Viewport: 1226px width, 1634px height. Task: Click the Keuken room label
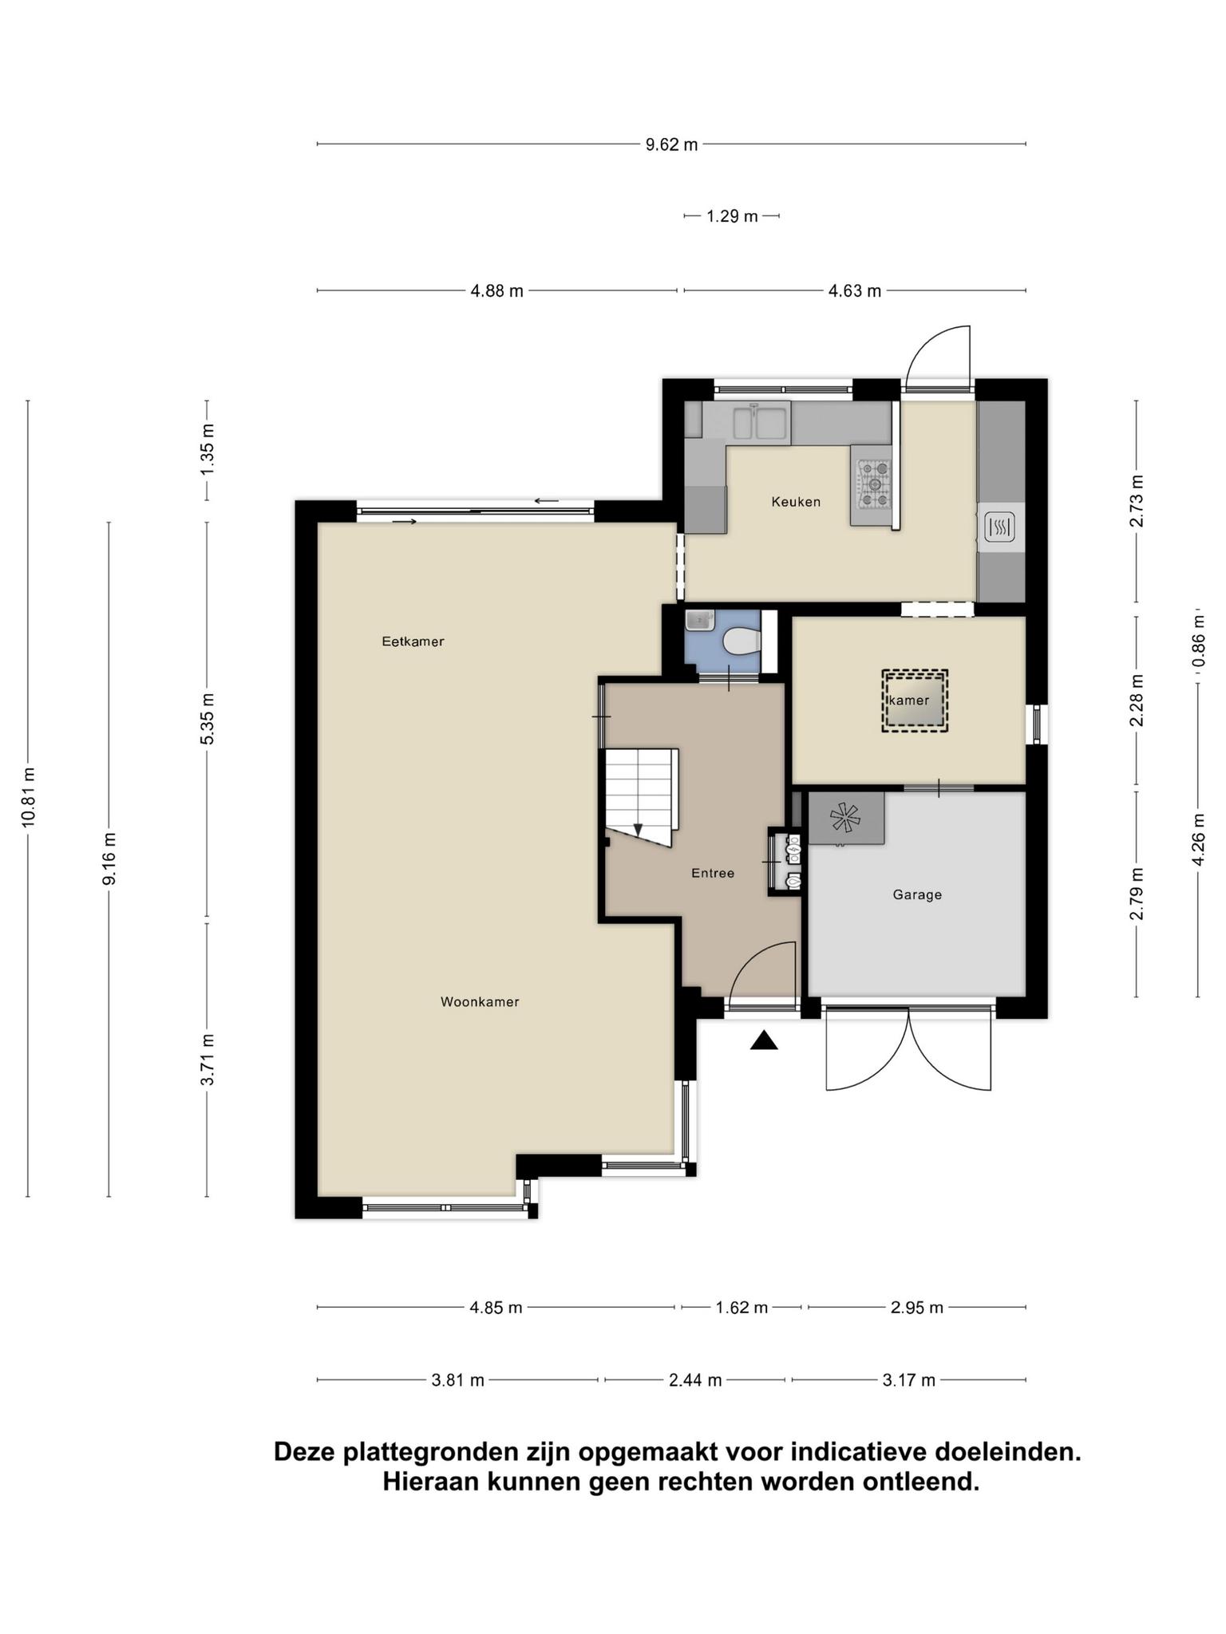796,502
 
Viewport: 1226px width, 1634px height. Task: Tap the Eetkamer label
413,641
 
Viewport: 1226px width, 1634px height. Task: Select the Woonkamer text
480,1002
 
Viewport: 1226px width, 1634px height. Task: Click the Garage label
917,895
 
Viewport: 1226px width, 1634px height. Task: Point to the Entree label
713,874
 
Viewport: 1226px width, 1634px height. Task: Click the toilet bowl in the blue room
741,641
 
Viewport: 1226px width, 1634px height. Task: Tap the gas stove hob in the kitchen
872,484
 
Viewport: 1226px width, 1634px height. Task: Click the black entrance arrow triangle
764,1040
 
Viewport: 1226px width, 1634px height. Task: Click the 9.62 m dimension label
671,144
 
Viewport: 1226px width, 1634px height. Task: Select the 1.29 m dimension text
732,216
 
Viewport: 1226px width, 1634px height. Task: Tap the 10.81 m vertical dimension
29,797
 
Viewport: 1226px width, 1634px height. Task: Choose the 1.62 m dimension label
742,1308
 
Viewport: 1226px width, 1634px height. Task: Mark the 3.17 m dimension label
908,1380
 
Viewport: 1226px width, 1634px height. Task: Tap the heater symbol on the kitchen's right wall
1000,527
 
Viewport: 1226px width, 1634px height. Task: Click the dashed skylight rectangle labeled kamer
915,701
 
